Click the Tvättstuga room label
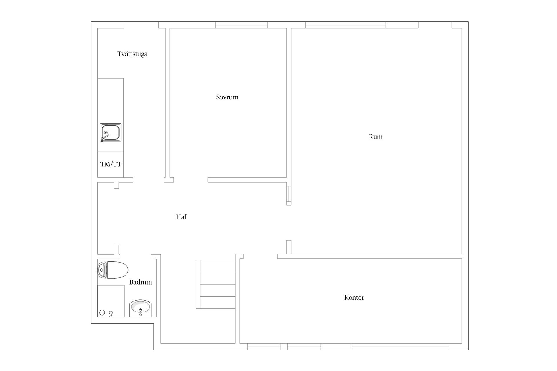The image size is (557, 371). point(132,54)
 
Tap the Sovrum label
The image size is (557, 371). point(227,97)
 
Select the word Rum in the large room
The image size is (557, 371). point(376,137)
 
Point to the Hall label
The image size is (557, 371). point(182,217)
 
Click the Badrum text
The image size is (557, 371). point(140,282)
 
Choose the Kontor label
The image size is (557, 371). point(354,298)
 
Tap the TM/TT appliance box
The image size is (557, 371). point(111,164)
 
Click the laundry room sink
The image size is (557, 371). point(111,132)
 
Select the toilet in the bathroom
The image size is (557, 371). point(113,270)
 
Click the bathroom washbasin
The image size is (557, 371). point(141,308)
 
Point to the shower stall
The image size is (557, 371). point(111,301)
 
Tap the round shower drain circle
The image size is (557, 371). point(102,313)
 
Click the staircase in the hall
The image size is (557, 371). point(216,284)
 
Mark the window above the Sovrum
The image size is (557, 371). point(241,25)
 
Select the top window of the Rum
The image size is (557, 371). point(346,25)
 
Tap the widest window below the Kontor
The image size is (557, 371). point(401,347)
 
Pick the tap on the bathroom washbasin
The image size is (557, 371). point(141,312)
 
